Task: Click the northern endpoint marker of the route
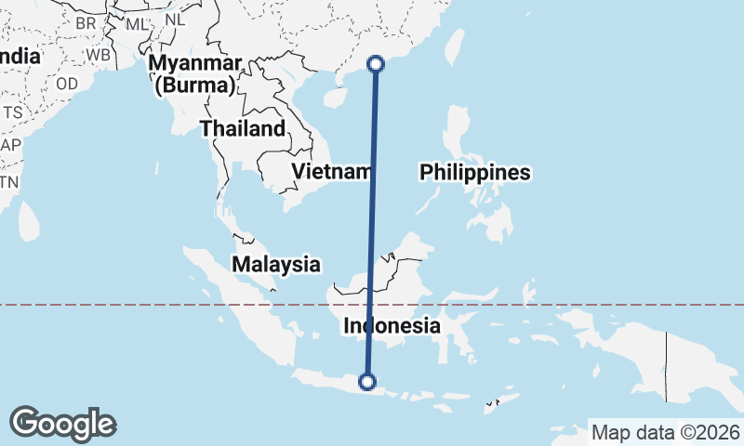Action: coord(376,64)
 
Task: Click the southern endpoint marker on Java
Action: coord(367,381)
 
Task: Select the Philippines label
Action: coord(474,172)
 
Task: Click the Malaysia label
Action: coord(276,264)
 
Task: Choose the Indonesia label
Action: coord(392,326)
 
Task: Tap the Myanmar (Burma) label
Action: coord(197,74)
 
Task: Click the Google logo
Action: coord(63,423)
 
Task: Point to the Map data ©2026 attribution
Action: coord(666,432)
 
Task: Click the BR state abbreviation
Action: coord(86,22)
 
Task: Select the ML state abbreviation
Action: coord(136,24)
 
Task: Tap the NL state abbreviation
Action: coord(173,20)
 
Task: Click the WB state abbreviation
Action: coord(98,54)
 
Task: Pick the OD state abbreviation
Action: coord(66,83)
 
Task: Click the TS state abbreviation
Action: coord(12,112)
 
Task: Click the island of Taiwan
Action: coord(455,49)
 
